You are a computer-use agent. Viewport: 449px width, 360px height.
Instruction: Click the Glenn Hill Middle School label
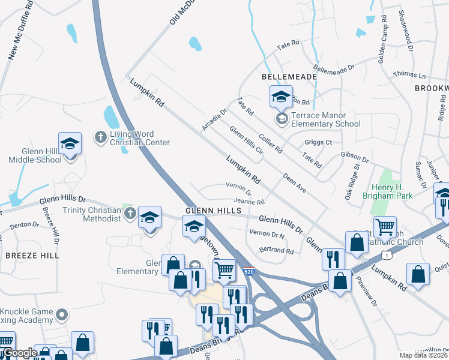coord(35,155)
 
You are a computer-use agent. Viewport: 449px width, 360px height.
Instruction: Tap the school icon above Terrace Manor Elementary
coord(281,96)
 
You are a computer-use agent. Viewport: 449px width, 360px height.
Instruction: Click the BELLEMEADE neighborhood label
coord(280,78)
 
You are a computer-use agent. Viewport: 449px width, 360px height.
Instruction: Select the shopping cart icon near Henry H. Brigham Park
coord(385,227)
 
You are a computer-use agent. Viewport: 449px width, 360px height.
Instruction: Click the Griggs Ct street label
coord(318,142)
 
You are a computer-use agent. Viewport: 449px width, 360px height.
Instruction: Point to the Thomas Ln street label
coord(409,76)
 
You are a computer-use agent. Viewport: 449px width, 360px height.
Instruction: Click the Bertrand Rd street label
coord(276,251)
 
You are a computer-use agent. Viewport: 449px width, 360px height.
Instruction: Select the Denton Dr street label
coord(24,225)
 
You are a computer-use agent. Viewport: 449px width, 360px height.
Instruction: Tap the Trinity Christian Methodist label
coord(92,214)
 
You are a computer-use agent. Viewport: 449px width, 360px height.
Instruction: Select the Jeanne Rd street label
coord(249,202)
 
